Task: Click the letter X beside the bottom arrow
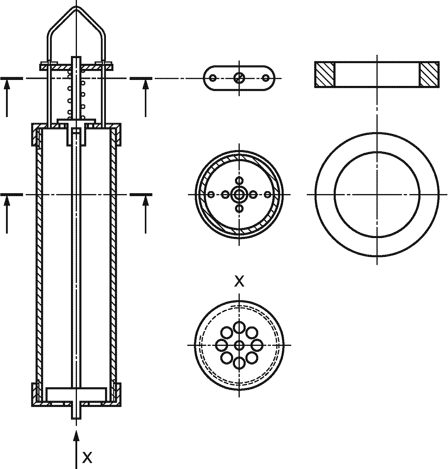[87, 457]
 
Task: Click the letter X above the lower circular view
[239, 281]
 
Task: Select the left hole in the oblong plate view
[213, 78]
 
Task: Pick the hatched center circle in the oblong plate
[239, 78]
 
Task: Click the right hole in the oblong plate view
[265, 78]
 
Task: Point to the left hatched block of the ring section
[324, 74]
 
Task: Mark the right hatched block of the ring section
[429, 74]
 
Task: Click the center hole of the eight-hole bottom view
[239, 345]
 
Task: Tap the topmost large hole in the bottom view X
[239, 327]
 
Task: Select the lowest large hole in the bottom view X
[239, 363]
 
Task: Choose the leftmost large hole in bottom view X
[221, 345]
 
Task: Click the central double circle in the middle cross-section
[239, 195]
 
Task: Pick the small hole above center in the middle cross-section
[239, 181]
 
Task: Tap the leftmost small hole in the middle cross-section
[211, 195]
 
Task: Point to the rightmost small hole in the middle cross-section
[268, 195]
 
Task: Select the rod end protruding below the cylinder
[76, 413]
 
